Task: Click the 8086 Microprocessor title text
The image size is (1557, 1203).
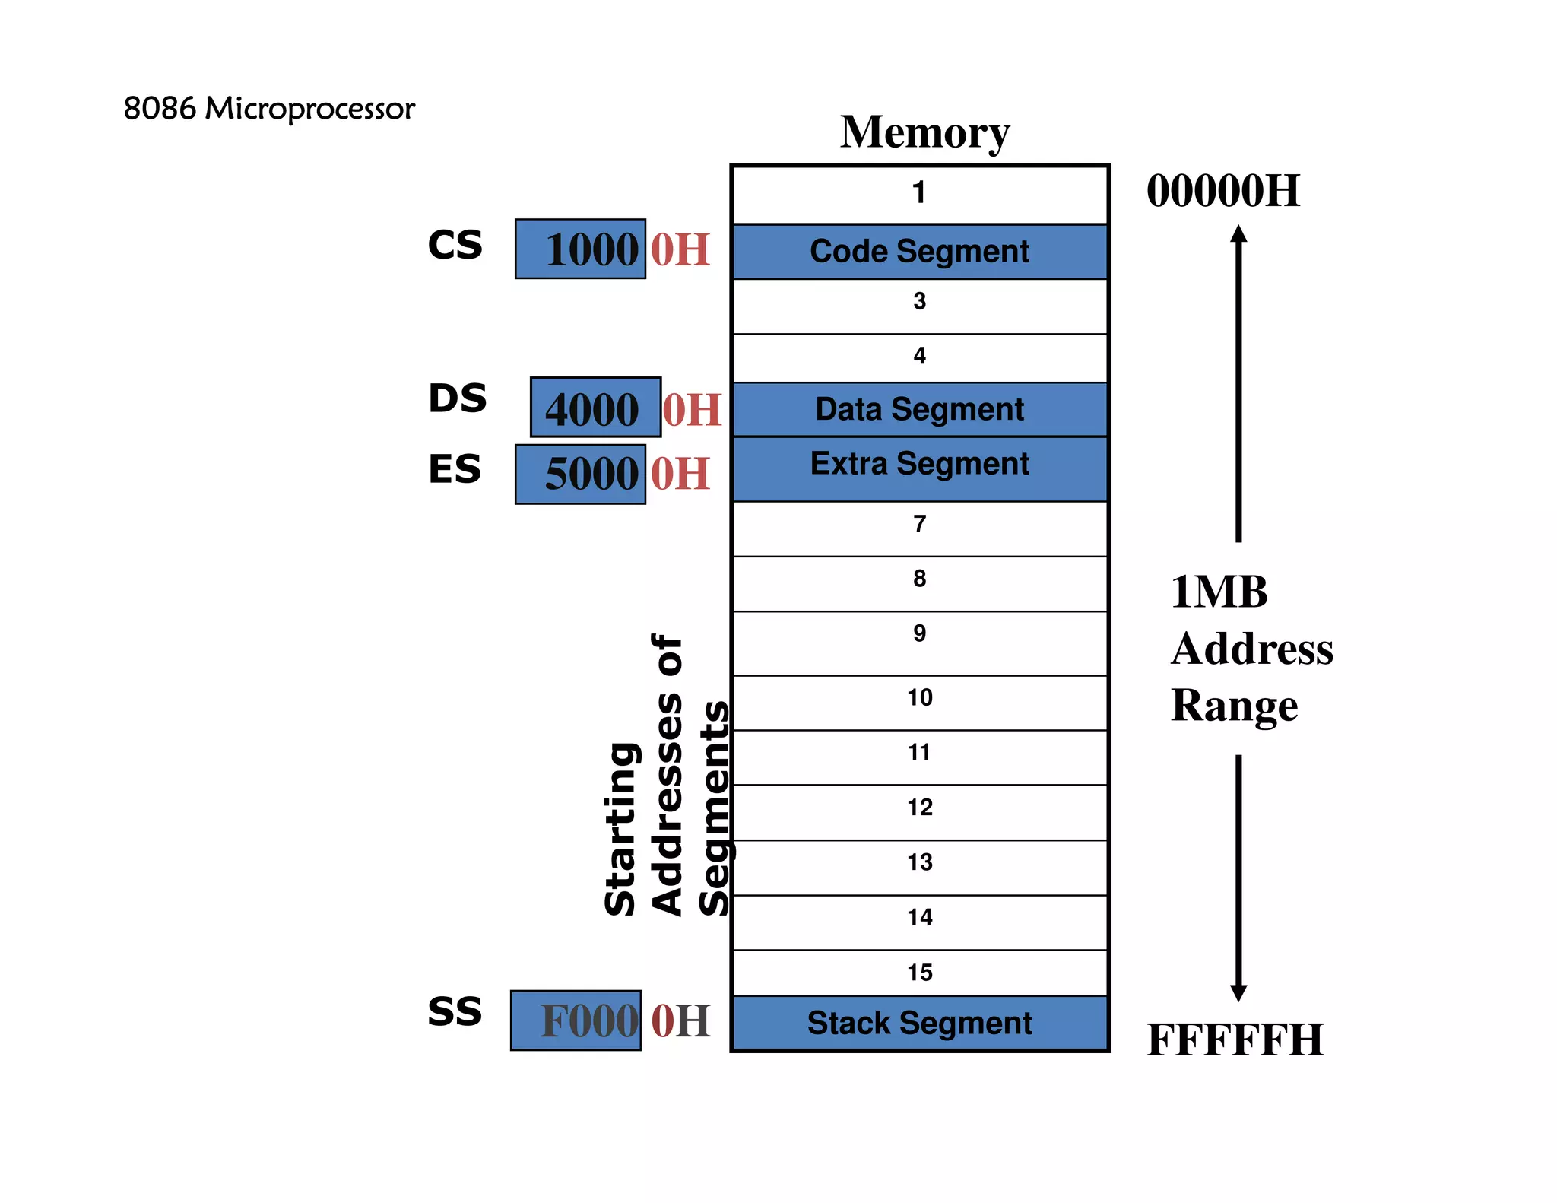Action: [269, 109]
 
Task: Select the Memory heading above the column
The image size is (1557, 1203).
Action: [924, 132]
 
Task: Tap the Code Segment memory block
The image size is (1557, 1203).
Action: [919, 252]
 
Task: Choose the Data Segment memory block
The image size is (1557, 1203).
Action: [919, 409]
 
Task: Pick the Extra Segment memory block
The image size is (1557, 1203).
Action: [919, 468]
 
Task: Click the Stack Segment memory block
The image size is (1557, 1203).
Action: [919, 1023]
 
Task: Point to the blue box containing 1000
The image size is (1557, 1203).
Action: [580, 249]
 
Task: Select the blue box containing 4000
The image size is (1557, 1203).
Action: [595, 408]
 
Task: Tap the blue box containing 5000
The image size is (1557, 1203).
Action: [580, 474]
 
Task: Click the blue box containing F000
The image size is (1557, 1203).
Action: [576, 1020]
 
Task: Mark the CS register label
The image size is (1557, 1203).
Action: [455, 245]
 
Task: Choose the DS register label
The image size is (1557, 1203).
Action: [457, 398]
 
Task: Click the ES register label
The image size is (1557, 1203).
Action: [455, 468]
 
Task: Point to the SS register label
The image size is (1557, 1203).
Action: [455, 1011]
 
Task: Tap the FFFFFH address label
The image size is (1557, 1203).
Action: [1235, 1040]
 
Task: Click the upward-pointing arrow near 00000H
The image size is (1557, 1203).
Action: [1238, 380]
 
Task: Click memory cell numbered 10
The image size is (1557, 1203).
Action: [919, 702]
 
